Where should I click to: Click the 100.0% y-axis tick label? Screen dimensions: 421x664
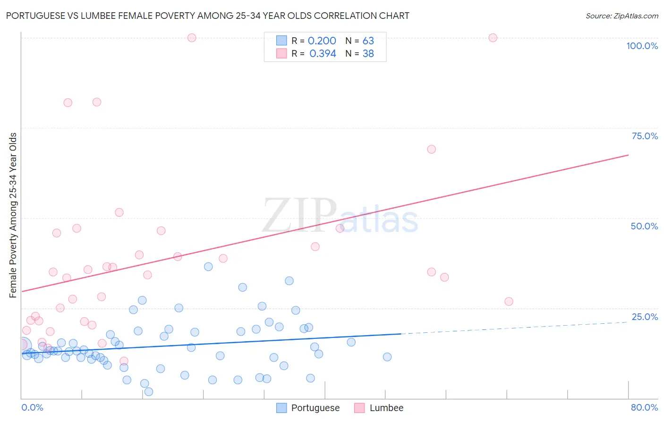tap(642, 46)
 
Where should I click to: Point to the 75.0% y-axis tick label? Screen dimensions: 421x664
tap(645, 136)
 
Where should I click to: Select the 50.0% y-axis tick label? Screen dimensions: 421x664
tap(644, 226)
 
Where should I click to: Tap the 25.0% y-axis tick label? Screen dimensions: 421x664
tap(645, 317)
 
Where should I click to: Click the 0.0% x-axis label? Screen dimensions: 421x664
tap(32, 407)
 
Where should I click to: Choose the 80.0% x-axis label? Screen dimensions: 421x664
tap(644, 407)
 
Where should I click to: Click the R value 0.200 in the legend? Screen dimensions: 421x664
tap(322, 41)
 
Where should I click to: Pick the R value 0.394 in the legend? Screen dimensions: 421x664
tap(323, 54)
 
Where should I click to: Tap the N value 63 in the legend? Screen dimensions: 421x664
tap(368, 41)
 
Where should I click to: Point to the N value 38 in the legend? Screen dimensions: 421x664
tap(368, 54)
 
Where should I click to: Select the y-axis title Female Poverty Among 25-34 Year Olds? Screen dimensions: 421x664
tap(13, 215)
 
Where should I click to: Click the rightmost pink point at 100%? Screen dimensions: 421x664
tap(493, 38)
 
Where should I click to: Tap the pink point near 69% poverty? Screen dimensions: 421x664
tap(431, 149)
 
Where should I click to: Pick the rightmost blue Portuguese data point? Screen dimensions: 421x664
tap(387, 357)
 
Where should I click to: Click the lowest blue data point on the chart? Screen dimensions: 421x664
tap(149, 392)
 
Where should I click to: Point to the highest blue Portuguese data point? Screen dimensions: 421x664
tap(208, 267)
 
